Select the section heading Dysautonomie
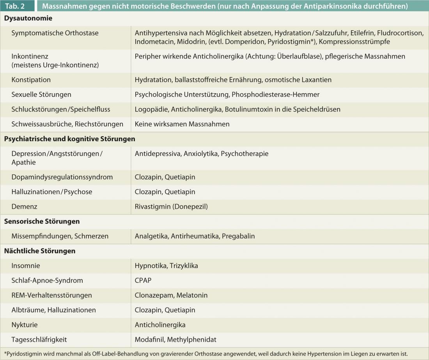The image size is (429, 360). pos(28,18)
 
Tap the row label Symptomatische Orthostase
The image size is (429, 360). pos(55,33)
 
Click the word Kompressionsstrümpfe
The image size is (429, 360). pos(354,41)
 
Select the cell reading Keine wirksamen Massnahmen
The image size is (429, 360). pos(182,124)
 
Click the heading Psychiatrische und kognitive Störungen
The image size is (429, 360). pos(69,139)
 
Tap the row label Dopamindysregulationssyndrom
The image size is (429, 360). pos(62,177)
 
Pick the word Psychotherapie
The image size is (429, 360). pos(245,154)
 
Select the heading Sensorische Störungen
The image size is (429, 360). pos(42,222)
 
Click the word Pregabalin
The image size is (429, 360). pos(238,236)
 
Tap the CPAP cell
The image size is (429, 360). pos(143,280)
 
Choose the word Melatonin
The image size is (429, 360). pos(192,295)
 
